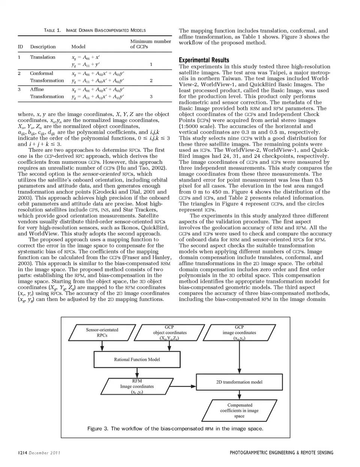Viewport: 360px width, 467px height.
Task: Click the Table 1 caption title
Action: pos(94,30)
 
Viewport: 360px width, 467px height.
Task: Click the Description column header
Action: pos(43,47)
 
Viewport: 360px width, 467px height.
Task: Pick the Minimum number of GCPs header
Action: pos(150,44)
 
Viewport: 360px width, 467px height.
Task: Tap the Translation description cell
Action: pos(42,57)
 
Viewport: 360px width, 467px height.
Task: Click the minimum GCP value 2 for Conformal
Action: pos(151,81)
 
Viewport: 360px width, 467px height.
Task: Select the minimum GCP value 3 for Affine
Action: pos(151,97)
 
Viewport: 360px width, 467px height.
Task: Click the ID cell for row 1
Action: pos(19,57)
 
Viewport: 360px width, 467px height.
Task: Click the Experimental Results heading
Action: pos(204,60)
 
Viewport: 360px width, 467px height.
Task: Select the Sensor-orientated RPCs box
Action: pos(102,333)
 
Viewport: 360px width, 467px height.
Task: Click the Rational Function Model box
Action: pos(137,359)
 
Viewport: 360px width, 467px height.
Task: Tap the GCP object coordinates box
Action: pos(169,333)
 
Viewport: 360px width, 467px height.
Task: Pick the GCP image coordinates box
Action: pos(239,333)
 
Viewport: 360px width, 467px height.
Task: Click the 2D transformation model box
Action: pos(239,382)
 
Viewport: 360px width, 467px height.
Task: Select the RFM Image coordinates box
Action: pos(137,386)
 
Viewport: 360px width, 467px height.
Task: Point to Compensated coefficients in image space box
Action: pos(240,410)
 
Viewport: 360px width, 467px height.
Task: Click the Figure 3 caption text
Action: pos(175,428)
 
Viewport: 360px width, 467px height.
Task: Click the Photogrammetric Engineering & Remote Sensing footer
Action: pos(281,453)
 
